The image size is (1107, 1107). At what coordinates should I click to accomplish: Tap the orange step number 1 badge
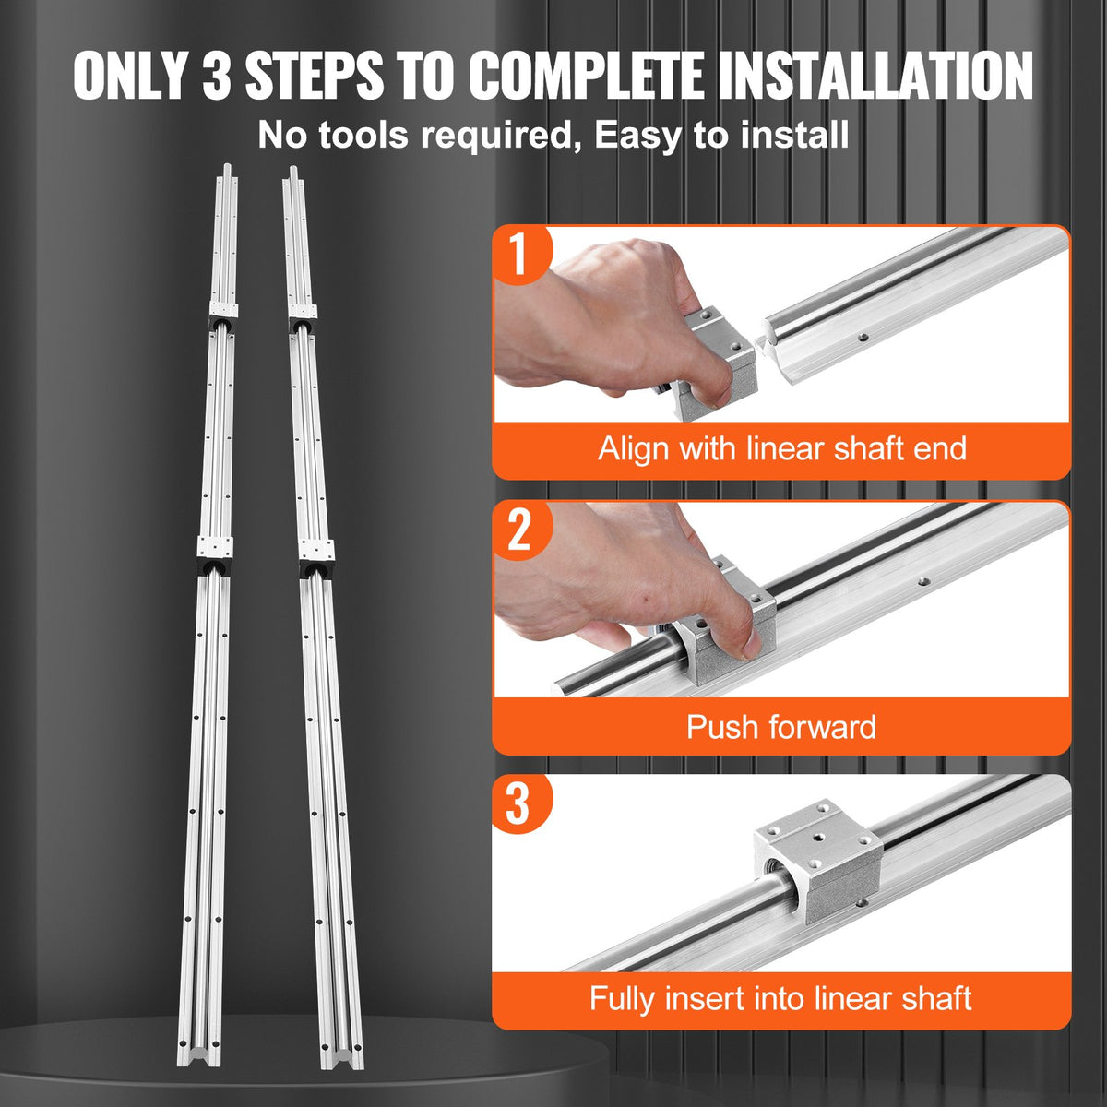coord(520,255)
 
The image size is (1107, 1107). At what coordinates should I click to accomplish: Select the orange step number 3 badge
coord(518,803)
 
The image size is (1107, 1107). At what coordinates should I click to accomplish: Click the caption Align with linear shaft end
coord(781,449)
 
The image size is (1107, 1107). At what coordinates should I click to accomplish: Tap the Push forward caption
coord(781,727)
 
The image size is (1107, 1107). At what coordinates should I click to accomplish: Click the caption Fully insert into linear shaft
coord(781,998)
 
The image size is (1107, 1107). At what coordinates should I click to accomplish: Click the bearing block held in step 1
coord(719,364)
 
